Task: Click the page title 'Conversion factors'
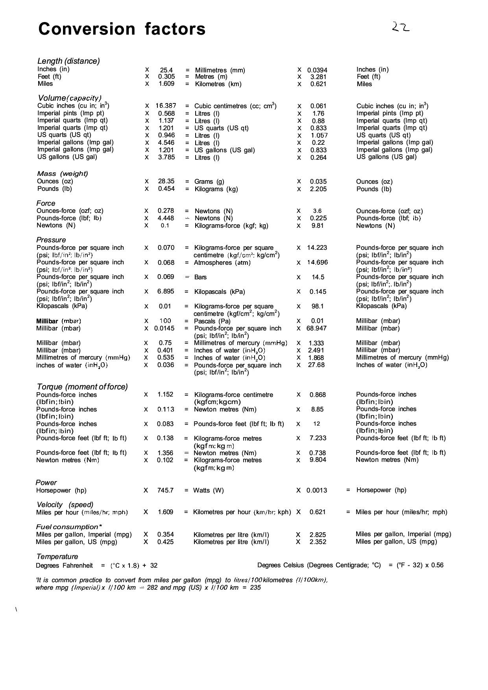[x=122, y=29]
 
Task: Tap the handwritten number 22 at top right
[x=400, y=27]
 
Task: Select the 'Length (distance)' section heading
[x=68, y=61]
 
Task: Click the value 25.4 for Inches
[x=166, y=70]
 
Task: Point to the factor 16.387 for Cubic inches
[x=166, y=106]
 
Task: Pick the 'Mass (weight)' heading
[x=63, y=173]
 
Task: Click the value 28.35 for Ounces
[x=166, y=181]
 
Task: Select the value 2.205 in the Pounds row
[x=318, y=189]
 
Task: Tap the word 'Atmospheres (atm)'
[x=222, y=262]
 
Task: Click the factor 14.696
[x=317, y=262]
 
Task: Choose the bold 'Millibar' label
[x=47, y=321]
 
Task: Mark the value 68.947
[x=316, y=328]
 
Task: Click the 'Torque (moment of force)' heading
[x=82, y=387]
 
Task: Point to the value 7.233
[x=318, y=438]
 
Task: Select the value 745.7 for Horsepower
[x=165, y=490]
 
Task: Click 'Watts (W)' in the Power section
[x=208, y=490]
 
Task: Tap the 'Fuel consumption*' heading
[x=69, y=527]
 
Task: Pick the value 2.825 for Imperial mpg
[x=318, y=535]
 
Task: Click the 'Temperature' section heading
[x=57, y=557]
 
